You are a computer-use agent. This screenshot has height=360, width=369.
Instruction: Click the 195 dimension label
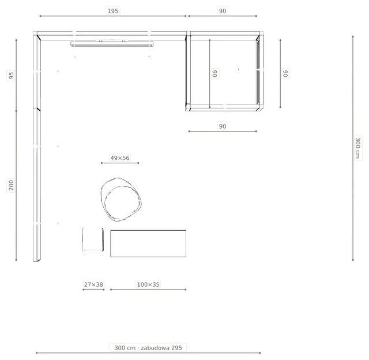(x=113, y=11)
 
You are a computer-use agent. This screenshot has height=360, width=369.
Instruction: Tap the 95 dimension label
(x=11, y=76)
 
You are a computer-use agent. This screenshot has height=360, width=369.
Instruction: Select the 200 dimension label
(x=11, y=185)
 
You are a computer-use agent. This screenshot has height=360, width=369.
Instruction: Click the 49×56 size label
(x=120, y=157)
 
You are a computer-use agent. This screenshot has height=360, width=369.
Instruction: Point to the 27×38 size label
(x=93, y=284)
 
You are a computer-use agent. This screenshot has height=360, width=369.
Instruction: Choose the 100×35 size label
(x=148, y=284)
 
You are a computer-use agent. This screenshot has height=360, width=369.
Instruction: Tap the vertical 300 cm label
(x=357, y=148)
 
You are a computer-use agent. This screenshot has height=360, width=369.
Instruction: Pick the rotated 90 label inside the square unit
(x=215, y=73)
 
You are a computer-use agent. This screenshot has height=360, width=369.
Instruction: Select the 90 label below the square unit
(x=223, y=126)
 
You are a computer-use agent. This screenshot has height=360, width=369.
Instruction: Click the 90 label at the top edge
(x=223, y=11)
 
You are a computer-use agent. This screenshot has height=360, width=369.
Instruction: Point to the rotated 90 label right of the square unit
(x=285, y=73)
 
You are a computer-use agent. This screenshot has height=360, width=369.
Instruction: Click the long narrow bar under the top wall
(x=112, y=44)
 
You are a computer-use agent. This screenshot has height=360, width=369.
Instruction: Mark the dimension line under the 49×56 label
(x=120, y=163)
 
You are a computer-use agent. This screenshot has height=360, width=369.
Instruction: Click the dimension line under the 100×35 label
(x=148, y=290)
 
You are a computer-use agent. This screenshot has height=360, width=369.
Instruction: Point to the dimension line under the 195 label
(x=113, y=16)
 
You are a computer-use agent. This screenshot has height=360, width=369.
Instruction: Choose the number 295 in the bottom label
(x=176, y=348)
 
